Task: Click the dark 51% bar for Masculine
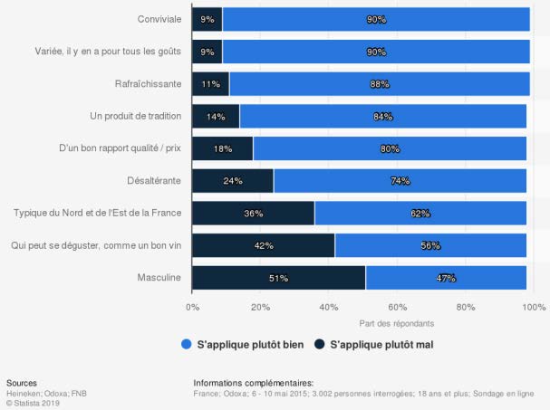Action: tap(278, 278)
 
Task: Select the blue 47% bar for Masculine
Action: tap(446, 278)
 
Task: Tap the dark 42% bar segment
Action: tap(263, 245)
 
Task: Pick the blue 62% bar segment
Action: tap(420, 214)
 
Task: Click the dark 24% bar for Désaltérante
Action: tap(232, 181)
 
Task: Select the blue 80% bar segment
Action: tap(390, 148)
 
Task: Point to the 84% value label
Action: tap(382, 117)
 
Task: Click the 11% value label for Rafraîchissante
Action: tap(210, 84)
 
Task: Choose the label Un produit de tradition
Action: tap(136, 117)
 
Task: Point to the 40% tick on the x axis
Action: tap(329, 307)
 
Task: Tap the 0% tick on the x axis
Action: tap(192, 307)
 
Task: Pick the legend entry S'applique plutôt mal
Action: tap(374, 345)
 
